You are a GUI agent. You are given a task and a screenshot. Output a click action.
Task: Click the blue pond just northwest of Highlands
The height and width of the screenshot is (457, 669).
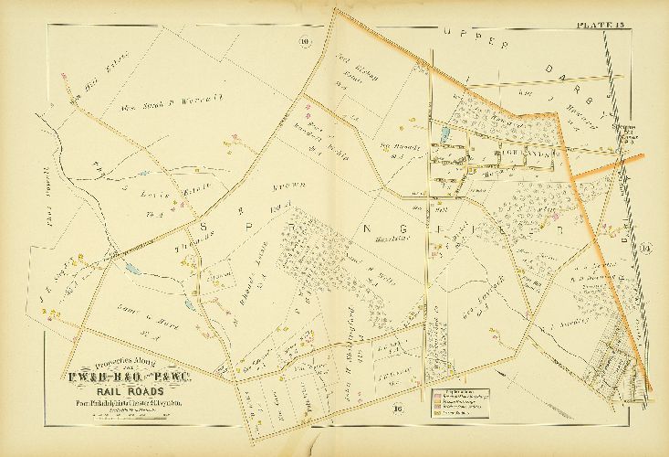[444, 133]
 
